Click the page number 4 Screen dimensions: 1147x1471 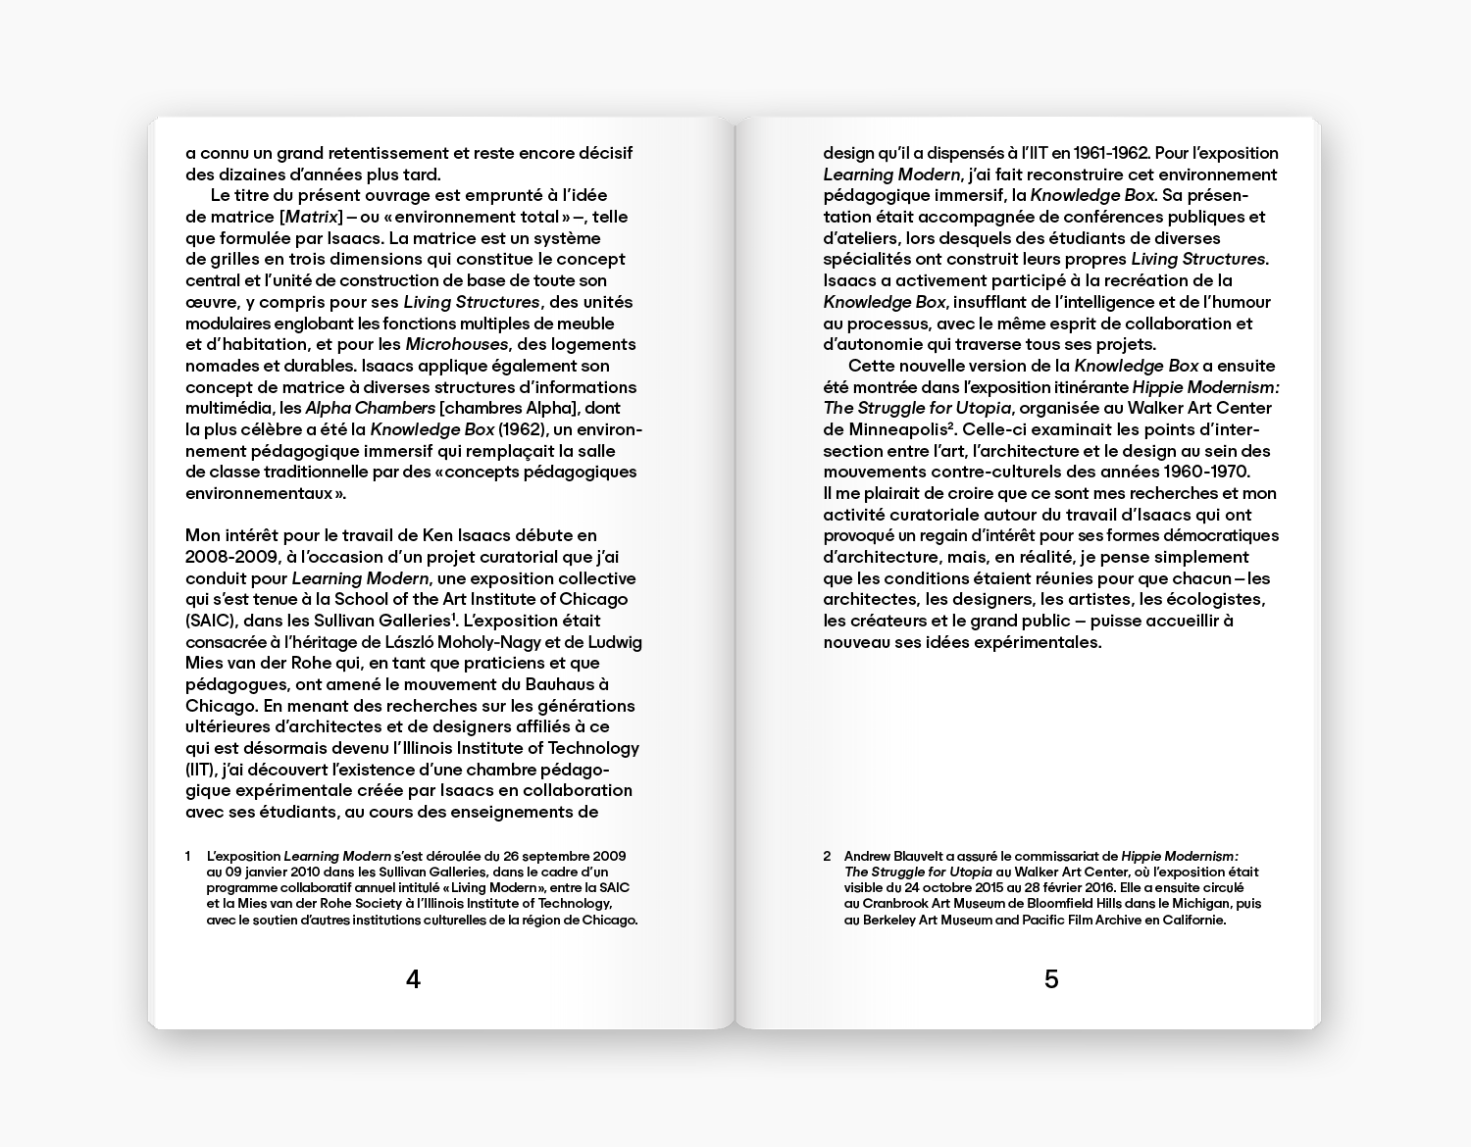click(x=413, y=979)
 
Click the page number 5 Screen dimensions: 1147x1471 click(x=1051, y=979)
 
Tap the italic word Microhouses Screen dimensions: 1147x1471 click(x=457, y=344)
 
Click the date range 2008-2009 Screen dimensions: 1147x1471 click(x=231, y=557)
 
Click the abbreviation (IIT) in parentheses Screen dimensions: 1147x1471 click(x=200, y=770)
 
